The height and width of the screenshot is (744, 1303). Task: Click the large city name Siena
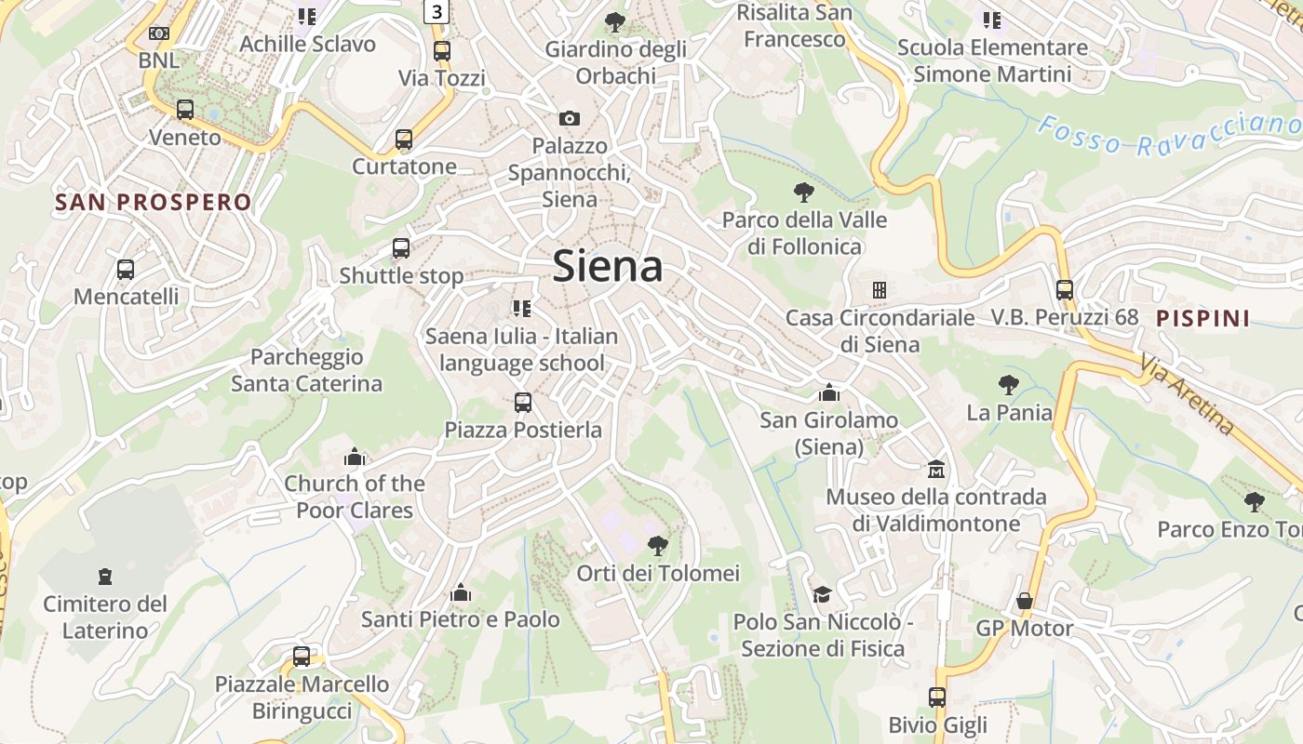tap(608, 267)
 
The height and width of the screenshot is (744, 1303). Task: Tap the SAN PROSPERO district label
tap(153, 203)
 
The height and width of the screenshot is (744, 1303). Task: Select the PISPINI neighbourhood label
tap(1202, 318)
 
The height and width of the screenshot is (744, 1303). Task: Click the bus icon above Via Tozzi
tap(441, 51)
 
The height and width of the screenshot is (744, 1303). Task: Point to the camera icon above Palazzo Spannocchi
tap(569, 118)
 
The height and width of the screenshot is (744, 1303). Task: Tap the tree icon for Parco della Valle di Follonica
tap(804, 193)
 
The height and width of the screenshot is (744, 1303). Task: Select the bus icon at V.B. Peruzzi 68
tap(1065, 289)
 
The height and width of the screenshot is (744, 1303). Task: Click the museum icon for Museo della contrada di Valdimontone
tap(935, 469)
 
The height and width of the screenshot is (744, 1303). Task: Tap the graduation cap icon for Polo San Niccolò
tap(822, 594)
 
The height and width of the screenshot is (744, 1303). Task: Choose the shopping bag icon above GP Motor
tap(1024, 601)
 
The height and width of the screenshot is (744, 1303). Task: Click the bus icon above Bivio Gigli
tap(936, 697)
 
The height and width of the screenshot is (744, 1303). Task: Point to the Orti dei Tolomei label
tap(658, 573)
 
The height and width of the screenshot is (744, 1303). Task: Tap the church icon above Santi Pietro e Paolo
tap(460, 592)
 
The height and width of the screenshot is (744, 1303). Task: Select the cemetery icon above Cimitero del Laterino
tap(104, 577)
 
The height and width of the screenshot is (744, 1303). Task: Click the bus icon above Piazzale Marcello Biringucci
tap(302, 657)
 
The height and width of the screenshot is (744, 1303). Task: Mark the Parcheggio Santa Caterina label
tap(306, 370)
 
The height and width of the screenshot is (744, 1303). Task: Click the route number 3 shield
tap(437, 11)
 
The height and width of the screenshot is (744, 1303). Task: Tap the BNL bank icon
tap(159, 33)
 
